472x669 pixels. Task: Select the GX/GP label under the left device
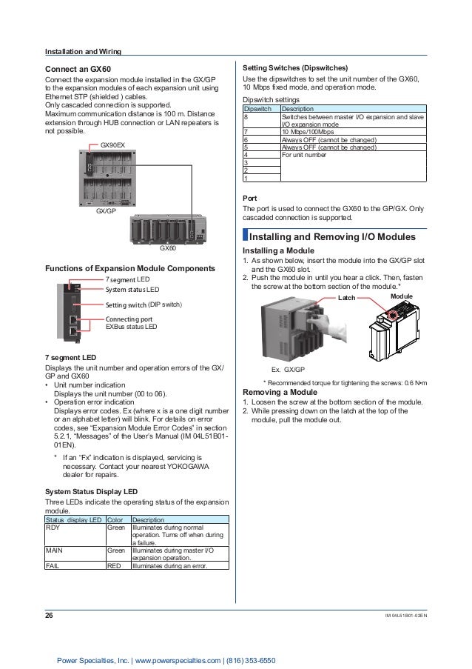point(108,211)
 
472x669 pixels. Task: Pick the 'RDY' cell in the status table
point(53,528)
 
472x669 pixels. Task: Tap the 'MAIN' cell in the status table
point(55,551)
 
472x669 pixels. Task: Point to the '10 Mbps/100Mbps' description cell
point(308,132)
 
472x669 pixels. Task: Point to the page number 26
point(50,613)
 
